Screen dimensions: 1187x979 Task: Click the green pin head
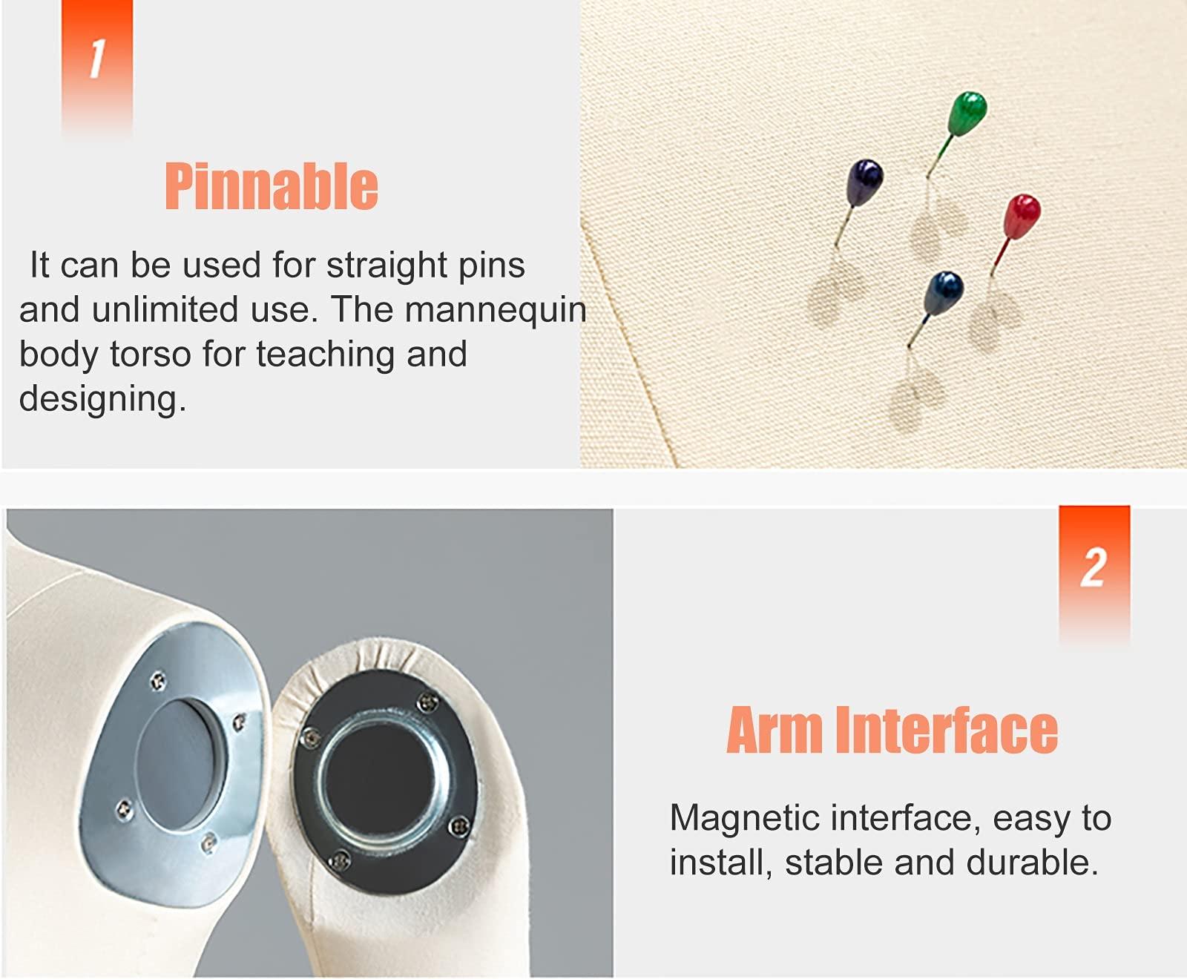[968, 113]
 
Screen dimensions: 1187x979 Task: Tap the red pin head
[1022, 216]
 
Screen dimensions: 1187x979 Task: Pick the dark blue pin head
[944, 292]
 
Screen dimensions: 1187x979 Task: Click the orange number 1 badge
[97, 67]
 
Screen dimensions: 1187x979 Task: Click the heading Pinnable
[272, 186]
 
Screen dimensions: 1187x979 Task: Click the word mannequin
[496, 311]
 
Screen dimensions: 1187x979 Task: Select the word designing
[102, 400]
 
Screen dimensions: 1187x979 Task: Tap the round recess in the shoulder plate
[180, 765]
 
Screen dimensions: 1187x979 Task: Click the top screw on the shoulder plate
[157, 680]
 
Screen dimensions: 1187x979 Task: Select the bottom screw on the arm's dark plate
[340, 860]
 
